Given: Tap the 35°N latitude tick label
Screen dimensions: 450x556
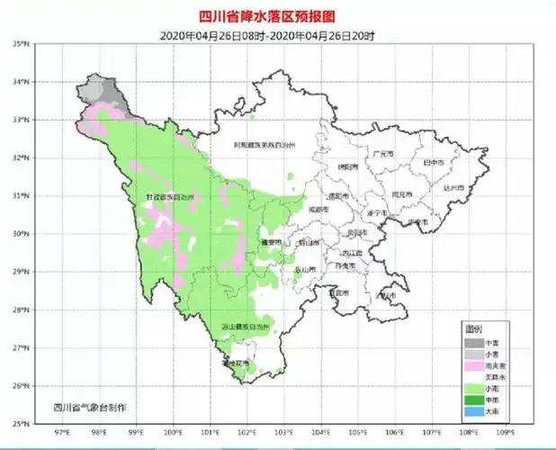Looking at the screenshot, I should (22, 42).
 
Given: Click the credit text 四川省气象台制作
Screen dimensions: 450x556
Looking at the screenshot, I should (90, 408).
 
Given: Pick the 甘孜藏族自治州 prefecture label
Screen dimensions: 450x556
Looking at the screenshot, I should (168, 197).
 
